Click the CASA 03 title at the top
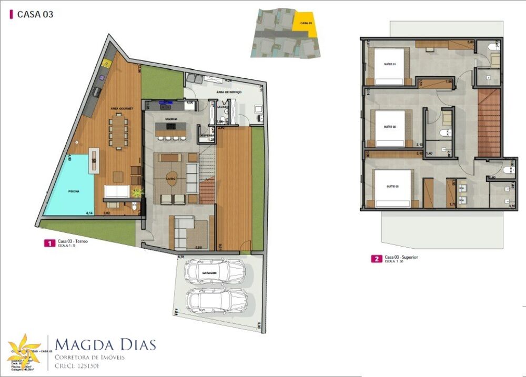[35, 15]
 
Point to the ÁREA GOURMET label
[122, 108]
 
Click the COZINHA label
[171, 119]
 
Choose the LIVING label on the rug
[170, 179]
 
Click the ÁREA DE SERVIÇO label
[228, 92]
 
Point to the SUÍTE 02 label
[389, 127]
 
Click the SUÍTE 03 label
[390, 187]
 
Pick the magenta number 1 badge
[48, 243]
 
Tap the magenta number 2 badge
[376, 259]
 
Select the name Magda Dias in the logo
[105, 345]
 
